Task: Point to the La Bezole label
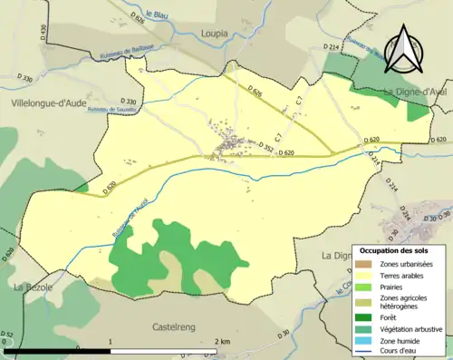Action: pyautogui.click(x=33, y=287)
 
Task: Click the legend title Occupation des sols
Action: pyautogui.click(x=395, y=249)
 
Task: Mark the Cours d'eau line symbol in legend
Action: pyautogui.click(x=366, y=353)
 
